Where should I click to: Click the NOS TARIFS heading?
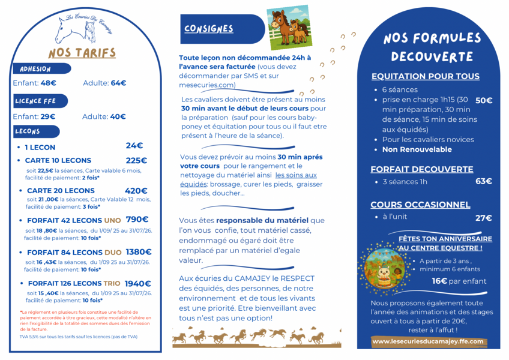click(x=82, y=53)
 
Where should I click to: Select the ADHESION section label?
click(x=35, y=69)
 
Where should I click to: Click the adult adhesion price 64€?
click(x=118, y=83)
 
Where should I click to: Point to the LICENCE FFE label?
click(x=36, y=101)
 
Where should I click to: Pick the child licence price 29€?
click(x=47, y=117)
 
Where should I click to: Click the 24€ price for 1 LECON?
click(x=134, y=146)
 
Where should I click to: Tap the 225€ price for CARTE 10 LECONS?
click(x=136, y=160)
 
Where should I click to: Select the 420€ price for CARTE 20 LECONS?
click(x=136, y=191)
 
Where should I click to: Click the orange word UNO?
click(x=112, y=220)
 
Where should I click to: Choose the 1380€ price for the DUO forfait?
click(x=139, y=252)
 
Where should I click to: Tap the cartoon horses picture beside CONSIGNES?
click(x=288, y=28)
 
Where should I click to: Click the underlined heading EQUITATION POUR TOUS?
click(x=425, y=76)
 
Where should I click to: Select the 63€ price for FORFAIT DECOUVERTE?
click(x=483, y=181)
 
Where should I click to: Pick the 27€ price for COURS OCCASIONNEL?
click(x=483, y=218)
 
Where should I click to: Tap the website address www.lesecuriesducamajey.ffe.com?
click(x=427, y=341)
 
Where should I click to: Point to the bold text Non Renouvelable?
click(x=417, y=149)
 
